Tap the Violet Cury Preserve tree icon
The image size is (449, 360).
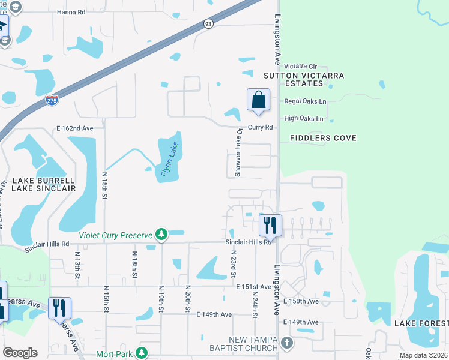pos(161,235)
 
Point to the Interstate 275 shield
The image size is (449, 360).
pos(52,100)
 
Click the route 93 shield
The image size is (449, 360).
pos(208,23)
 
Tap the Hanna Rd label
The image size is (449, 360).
pos(71,11)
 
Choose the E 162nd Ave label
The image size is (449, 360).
pos(75,128)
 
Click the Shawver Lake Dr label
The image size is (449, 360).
pos(238,152)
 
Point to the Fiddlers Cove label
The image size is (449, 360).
pos(323,138)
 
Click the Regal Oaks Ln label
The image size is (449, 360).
pos(305,101)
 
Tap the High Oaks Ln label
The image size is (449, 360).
pos(304,119)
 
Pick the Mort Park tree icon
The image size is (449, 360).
pos(142,353)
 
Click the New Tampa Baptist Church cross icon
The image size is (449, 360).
pos(287,343)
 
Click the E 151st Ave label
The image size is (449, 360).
pos(253,287)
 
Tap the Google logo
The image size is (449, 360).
pos(20,353)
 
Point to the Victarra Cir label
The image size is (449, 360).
pos(300,65)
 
